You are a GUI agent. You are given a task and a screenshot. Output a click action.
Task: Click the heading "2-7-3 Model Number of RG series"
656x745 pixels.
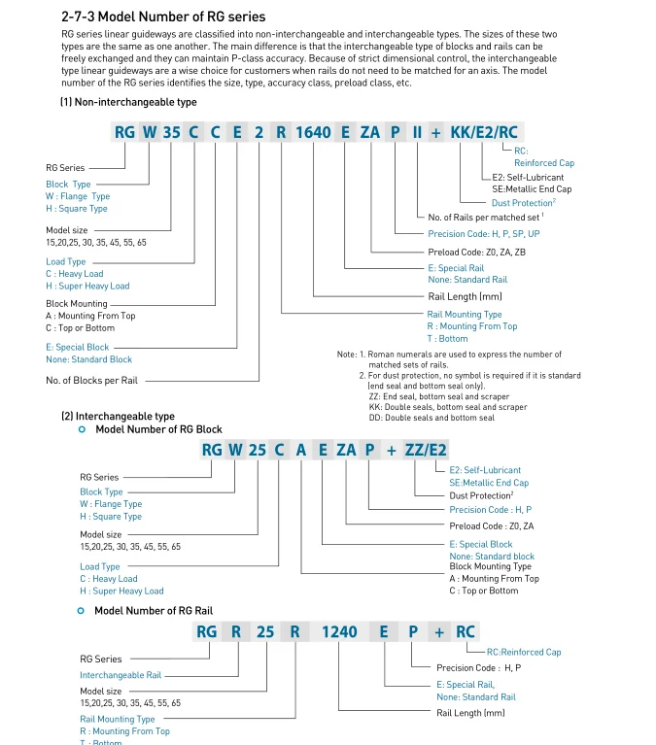(162, 17)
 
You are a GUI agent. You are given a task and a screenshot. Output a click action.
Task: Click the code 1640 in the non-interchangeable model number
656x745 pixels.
(313, 132)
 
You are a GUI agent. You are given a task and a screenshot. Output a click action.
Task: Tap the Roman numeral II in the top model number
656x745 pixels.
(417, 132)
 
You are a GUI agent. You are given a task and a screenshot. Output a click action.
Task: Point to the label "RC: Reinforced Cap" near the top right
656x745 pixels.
(544, 156)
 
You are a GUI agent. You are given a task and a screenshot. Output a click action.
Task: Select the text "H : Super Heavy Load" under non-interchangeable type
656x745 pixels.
(87, 286)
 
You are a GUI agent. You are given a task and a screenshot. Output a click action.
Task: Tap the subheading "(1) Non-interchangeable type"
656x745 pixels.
(128, 102)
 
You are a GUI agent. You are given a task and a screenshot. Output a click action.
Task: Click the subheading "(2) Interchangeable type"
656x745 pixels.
(118, 416)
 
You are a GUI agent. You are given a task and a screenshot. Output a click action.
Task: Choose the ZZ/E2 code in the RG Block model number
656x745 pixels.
(427, 449)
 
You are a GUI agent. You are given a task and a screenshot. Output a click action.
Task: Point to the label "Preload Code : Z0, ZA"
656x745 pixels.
(491, 525)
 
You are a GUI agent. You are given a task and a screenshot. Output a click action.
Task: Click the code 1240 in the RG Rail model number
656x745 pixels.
(340, 631)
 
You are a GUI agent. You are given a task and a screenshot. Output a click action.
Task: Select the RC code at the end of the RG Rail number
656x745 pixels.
(466, 631)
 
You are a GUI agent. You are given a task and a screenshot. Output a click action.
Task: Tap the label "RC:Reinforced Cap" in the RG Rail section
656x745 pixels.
(524, 652)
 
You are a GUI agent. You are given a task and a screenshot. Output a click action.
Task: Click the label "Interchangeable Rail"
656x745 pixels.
(121, 675)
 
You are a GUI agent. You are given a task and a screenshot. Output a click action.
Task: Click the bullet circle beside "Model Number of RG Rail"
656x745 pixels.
(81, 611)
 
